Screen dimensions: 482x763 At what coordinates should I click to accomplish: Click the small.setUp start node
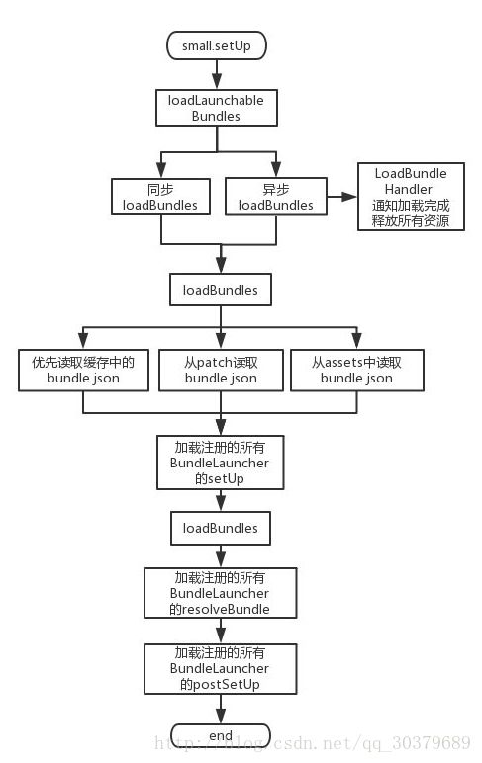click(x=217, y=45)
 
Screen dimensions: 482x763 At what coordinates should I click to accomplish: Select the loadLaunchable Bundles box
click(x=217, y=108)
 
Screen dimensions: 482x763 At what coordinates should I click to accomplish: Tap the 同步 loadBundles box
click(x=160, y=197)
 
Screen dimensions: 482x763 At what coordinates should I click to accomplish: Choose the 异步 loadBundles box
click(x=276, y=196)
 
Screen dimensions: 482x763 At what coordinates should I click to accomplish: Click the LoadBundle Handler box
click(x=411, y=197)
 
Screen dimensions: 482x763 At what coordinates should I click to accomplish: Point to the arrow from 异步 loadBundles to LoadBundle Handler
click(x=342, y=197)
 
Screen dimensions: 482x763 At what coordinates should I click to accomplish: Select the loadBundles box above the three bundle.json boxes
click(x=221, y=290)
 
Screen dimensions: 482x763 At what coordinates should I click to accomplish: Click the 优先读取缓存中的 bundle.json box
click(x=83, y=370)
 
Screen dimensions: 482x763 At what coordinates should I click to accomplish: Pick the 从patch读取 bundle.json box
click(x=221, y=370)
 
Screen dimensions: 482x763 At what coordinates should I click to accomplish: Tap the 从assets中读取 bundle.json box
click(x=356, y=370)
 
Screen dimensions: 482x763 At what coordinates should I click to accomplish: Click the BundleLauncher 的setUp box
click(x=221, y=463)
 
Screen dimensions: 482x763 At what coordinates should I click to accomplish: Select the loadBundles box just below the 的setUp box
click(x=221, y=528)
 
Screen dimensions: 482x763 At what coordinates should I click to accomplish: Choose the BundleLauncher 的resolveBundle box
click(x=221, y=593)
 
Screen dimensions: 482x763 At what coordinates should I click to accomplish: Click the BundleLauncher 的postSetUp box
click(x=221, y=668)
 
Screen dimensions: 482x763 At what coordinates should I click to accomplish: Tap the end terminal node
click(x=221, y=735)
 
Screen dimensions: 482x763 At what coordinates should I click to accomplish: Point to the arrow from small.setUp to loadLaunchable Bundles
click(x=217, y=74)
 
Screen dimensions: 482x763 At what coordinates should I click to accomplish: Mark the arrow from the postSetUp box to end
click(x=221, y=709)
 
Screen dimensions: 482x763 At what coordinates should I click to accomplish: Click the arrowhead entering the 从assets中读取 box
click(x=356, y=342)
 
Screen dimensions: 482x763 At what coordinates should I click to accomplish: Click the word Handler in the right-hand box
click(x=409, y=189)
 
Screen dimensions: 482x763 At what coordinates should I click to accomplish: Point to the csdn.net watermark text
click(x=313, y=743)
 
